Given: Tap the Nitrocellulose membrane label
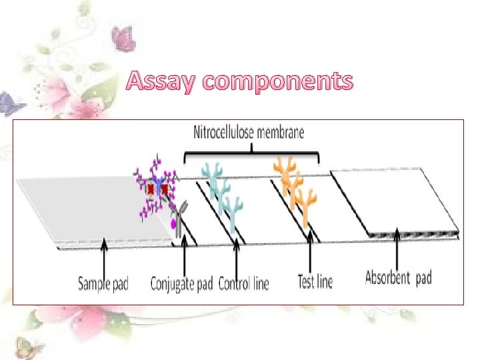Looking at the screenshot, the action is (249, 132).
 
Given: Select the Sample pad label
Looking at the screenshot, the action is (103, 283).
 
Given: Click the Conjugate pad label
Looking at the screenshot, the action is (181, 283).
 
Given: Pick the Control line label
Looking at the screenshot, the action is (243, 283).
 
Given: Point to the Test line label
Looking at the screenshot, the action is (315, 281).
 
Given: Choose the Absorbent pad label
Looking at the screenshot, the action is (398, 277).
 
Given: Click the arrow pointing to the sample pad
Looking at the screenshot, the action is (103, 257).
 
